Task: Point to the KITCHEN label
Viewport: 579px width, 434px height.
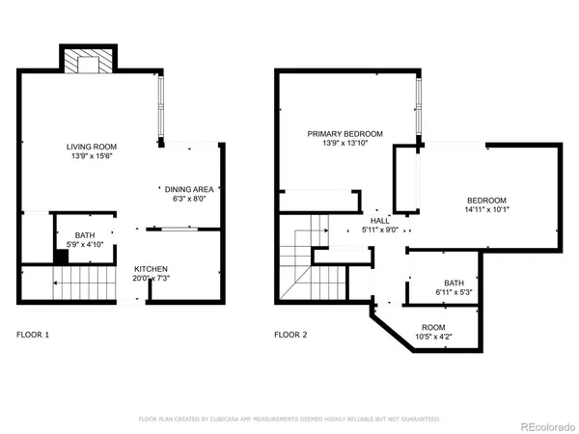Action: pyautogui.click(x=152, y=267)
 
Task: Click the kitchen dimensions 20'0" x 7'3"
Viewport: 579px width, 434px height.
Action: pyautogui.click(x=152, y=278)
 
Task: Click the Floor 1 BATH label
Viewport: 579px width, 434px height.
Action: pyautogui.click(x=85, y=234)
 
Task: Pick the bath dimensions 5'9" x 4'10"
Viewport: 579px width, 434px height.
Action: pyautogui.click(x=85, y=244)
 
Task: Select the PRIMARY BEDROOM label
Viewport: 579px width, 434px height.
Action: pyautogui.click(x=345, y=134)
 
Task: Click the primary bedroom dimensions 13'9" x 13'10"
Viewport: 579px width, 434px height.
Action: pyautogui.click(x=345, y=144)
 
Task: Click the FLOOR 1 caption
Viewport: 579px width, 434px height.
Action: pyautogui.click(x=33, y=335)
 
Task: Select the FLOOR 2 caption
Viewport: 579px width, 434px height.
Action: pyautogui.click(x=290, y=335)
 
